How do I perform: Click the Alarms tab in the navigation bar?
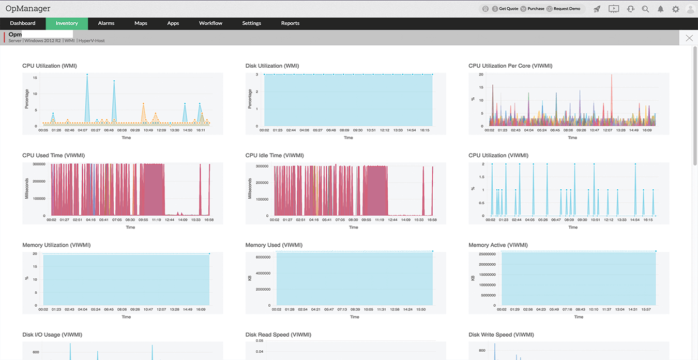click(x=106, y=23)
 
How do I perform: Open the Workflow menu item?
click(x=210, y=23)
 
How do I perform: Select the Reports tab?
click(x=290, y=23)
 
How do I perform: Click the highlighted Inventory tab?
click(x=67, y=23)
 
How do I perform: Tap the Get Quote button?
click(x=505, y=9)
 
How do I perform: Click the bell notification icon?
click(x=660, y=9)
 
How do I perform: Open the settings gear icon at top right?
click(x=675, y=9)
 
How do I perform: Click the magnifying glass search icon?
click(x=645, y=9)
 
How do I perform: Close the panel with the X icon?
click(x=689, y=38)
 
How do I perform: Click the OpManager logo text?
click(x=28, y=9)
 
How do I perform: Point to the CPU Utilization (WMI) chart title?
click(x=50, y=66)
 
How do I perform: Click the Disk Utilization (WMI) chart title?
click(x=272, y=66)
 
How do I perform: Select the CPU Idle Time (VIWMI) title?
click(x=274, y=155)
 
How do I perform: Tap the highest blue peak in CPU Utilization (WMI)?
click(x=87, y=75)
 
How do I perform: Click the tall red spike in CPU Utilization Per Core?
click(x=611, y=76)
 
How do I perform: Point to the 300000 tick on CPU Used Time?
click(x=39, y=164)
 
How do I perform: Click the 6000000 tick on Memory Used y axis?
click(x=263, y=257)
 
